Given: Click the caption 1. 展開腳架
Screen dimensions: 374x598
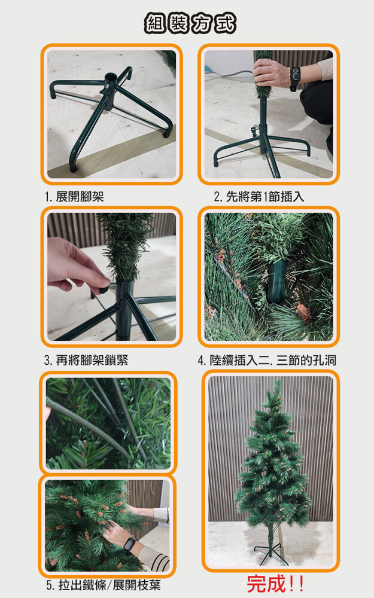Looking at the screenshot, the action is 74,197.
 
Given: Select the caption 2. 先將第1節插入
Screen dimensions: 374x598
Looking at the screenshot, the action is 259,197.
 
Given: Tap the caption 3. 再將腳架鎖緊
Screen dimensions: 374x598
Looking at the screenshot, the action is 86,360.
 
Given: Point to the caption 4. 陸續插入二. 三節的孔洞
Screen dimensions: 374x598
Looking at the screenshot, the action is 267,360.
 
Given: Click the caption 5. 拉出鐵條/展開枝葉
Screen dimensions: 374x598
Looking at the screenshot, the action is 104,585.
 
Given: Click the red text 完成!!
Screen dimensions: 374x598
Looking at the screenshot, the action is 275,584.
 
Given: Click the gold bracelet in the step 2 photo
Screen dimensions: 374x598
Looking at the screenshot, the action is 289,77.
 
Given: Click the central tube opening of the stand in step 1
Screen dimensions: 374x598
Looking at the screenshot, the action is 111,77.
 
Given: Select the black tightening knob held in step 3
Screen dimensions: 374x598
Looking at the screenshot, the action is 104,289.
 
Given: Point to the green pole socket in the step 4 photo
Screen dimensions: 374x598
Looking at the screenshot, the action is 276,281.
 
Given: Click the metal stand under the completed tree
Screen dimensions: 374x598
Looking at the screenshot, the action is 271,554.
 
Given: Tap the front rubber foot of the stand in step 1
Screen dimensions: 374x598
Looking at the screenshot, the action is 73,168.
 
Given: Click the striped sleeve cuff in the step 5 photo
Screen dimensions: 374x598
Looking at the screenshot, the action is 160,562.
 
